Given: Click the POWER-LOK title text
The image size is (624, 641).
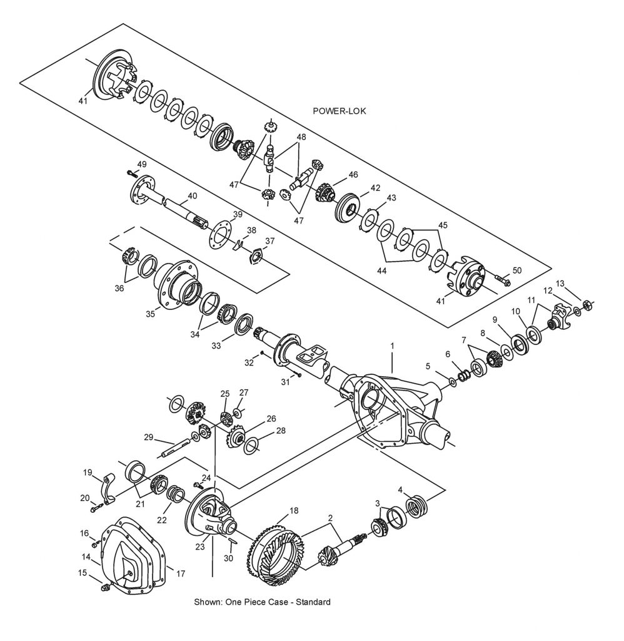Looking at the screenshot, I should pos(339,111).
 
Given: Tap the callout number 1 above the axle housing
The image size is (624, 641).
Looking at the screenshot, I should pos(393,346).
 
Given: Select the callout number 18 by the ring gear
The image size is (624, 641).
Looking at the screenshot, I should pos(293,511).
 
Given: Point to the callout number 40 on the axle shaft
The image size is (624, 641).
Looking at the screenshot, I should pos(192,195).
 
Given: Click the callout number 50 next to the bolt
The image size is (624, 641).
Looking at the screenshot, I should pos(516,270).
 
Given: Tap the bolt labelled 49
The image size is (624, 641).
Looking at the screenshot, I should pos(131,173).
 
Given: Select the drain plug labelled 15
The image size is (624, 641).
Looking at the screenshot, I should pos(105,587).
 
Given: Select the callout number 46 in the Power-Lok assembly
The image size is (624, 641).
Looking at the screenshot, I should pos(353,175).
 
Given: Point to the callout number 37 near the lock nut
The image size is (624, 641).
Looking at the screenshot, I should pos(269,240).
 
